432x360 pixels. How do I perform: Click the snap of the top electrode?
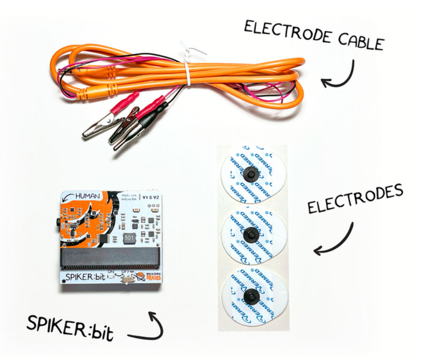251,173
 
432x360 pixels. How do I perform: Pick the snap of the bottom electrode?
251,296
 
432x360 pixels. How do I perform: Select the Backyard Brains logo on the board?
148,277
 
